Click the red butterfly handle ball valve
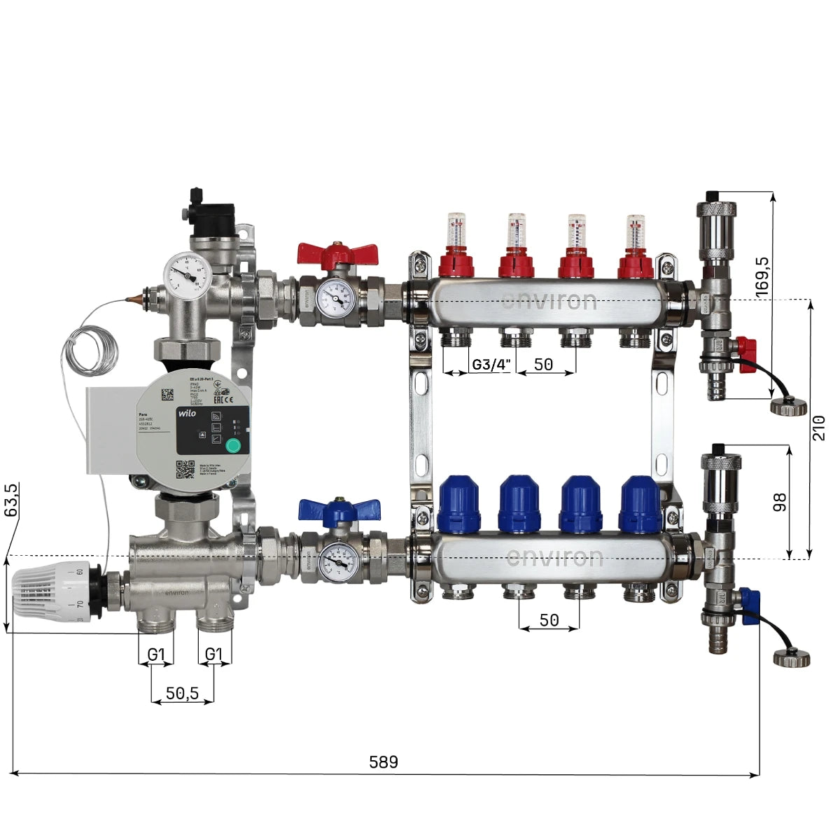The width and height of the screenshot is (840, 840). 337,253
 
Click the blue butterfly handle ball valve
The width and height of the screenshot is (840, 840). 339,510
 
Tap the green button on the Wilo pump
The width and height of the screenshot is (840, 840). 232,446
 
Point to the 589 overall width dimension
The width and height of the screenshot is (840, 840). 383,762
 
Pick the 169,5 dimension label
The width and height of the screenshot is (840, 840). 762,274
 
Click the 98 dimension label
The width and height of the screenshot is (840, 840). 780,502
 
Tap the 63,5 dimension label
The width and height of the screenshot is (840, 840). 11,500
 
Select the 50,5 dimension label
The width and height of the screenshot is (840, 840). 182,693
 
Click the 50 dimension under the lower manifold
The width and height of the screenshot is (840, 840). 549,620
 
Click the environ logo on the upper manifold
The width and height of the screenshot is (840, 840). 549,301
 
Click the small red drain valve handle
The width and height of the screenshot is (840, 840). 746,346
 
